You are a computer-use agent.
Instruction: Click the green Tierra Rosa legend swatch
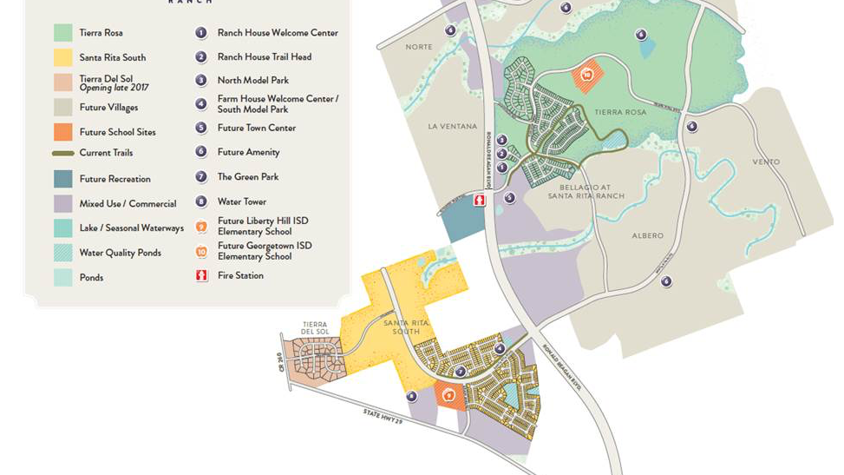coord(62,33)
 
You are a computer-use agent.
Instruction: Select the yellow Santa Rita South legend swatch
coord(62,57)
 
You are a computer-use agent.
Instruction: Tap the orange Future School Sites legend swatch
coord(62,132)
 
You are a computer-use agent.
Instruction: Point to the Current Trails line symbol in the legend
coord(62,154)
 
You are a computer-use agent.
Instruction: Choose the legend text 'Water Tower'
coord(241,201)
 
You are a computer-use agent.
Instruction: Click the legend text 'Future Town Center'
coord(256,128)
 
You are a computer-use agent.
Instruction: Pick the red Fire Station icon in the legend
coord(201,275)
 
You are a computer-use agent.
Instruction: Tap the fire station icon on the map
coord(480,201)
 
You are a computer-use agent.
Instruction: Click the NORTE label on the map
coord(418,47)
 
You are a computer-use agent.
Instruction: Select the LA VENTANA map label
coord(452,127)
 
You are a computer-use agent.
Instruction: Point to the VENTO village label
coord(766,162)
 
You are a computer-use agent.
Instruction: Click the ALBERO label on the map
coord(647,235)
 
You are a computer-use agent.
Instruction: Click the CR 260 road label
coord(279,361)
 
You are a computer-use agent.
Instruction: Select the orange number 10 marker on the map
coord(587,76)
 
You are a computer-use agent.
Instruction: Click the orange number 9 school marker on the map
coord(448,396)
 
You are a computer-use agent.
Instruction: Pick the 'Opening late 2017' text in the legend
coord(113,88)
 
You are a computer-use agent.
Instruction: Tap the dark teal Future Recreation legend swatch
coord(62,179)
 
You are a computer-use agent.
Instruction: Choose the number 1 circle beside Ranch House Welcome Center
coord(201,33)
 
